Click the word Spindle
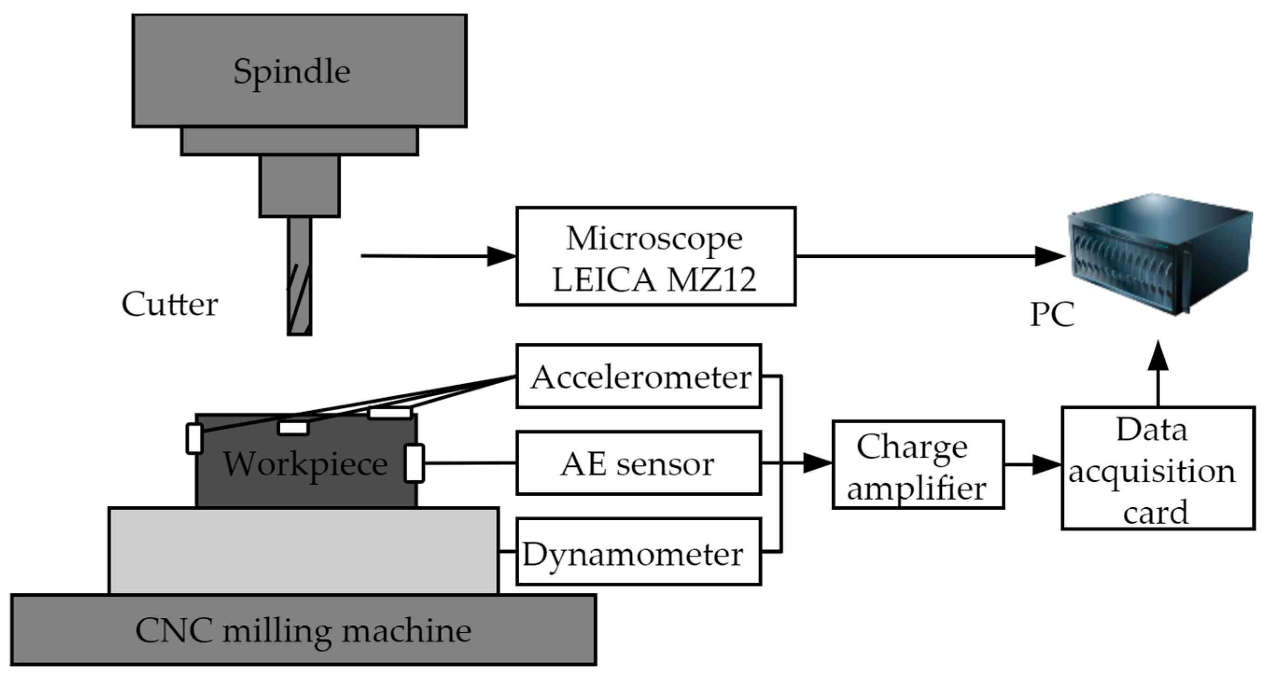[292, 72]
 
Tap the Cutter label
[169, 304]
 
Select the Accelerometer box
[638, 376]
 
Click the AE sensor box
[638, 463]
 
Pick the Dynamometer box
[638, 552]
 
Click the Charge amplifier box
[918, 464]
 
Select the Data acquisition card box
[1158, 468]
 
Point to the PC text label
[1053, 314]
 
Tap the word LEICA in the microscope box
[604, 280]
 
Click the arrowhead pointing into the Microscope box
[501, 256]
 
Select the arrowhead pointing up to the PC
[1158, 356]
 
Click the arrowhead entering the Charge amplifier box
[817, 463]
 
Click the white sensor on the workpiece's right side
[414, 463]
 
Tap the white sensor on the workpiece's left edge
[195, 439]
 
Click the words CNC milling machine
[303, 630]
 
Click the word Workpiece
[306, 464]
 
